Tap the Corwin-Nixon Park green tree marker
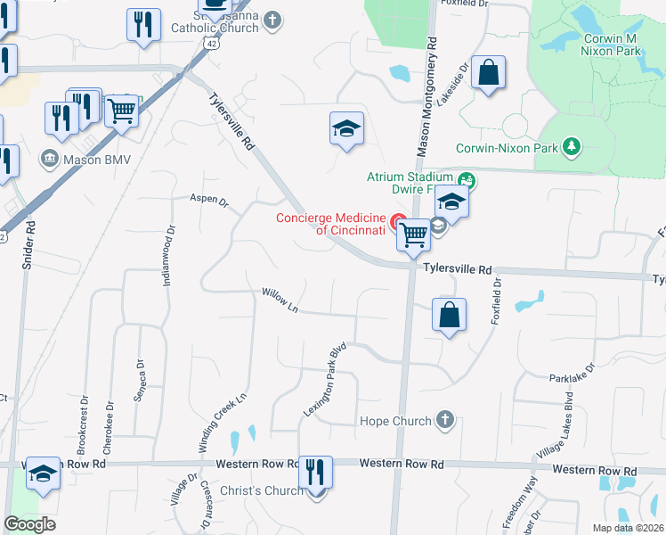573,147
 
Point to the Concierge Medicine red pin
398,222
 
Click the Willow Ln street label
280,300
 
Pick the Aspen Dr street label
208,199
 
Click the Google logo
30,524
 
